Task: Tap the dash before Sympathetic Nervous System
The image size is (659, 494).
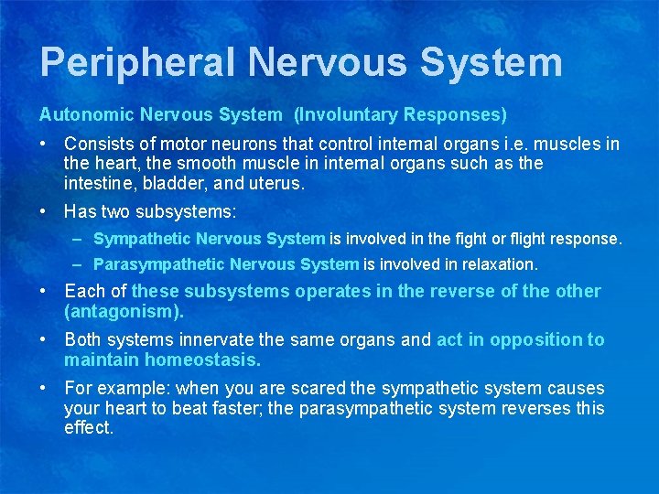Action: (79, 240)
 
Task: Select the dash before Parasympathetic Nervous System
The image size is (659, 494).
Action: (79, 265)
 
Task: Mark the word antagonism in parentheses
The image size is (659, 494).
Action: (124, 311)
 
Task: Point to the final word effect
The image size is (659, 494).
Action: (88, 427)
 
